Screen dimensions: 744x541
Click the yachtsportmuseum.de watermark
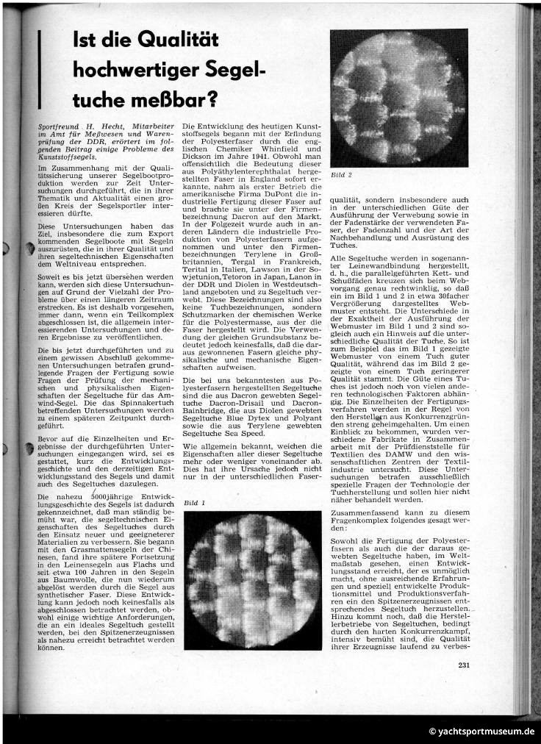[x=481, y=732]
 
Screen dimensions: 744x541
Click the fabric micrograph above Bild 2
[x=398, y=98]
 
